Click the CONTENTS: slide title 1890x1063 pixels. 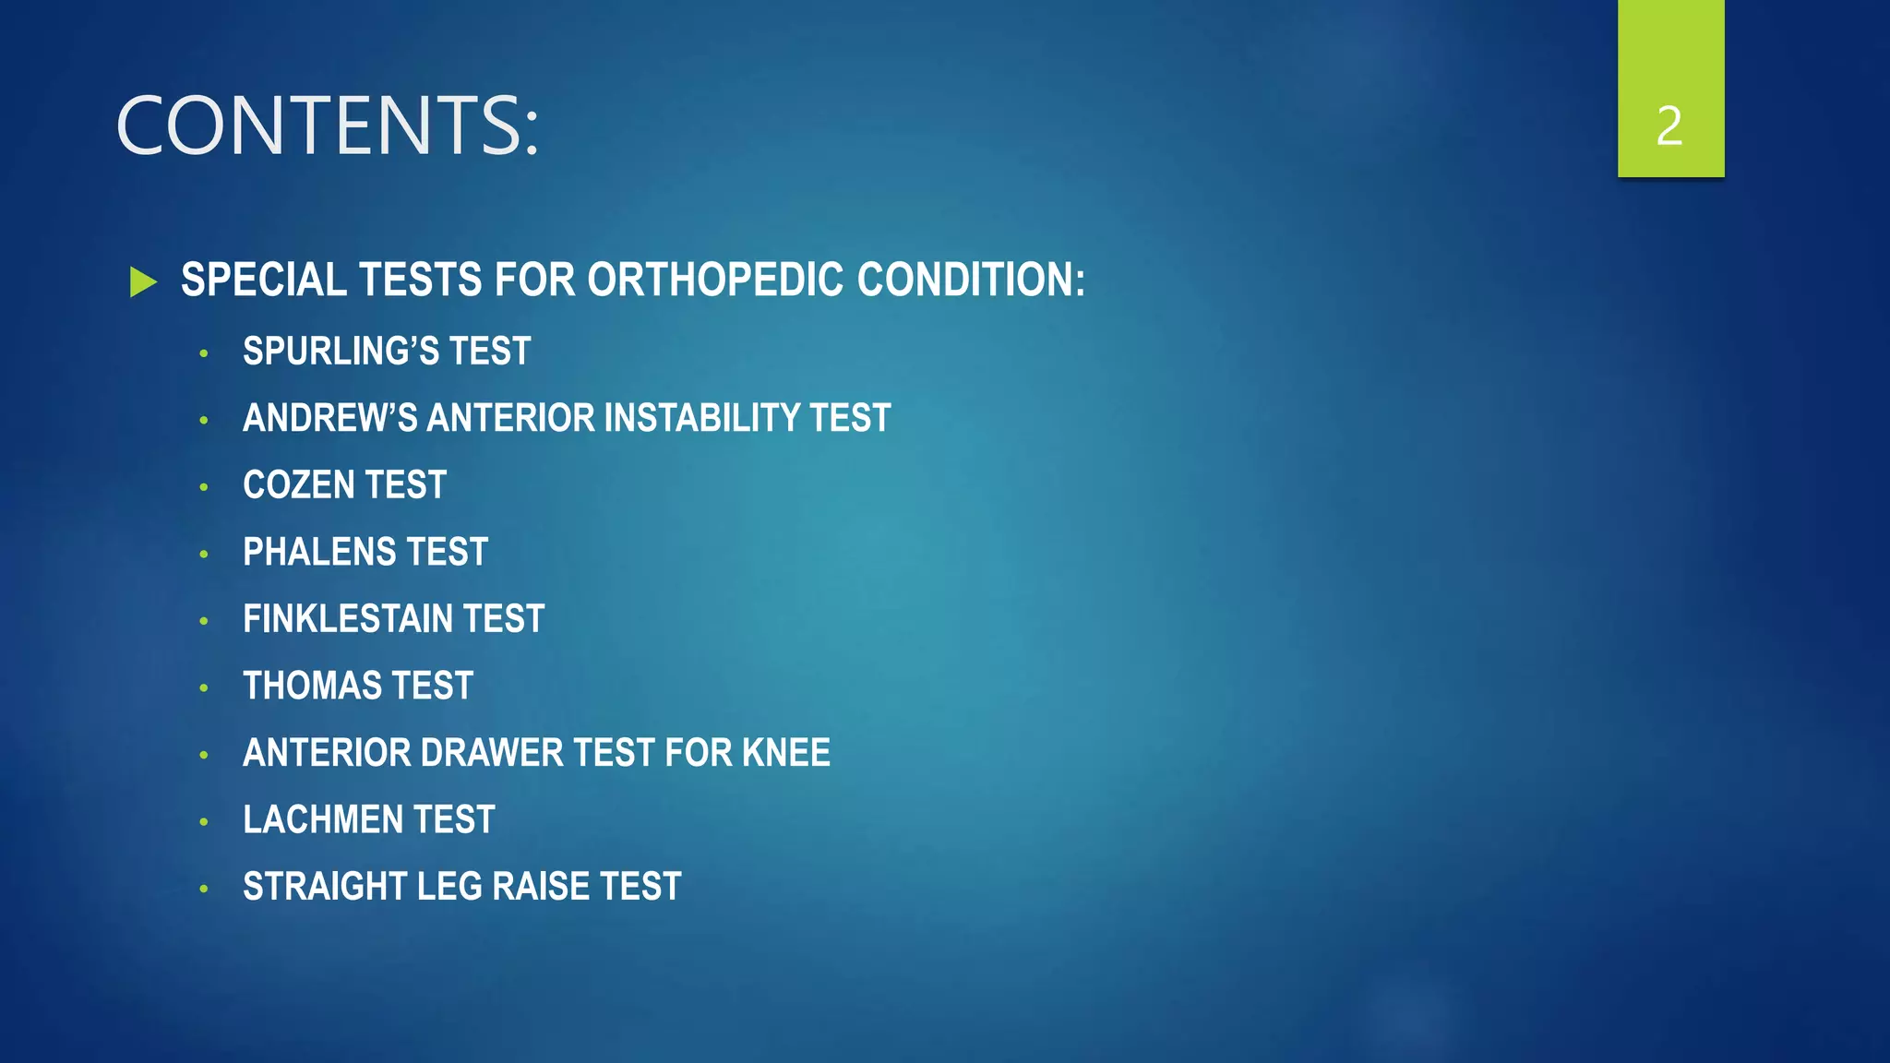pos(327,125)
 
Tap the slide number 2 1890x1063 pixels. pos(1669,125)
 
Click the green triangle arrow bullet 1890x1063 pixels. pos(143,281)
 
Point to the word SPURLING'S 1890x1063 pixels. pos(341,351)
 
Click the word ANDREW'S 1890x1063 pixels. pos(329,418)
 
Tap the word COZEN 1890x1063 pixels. pos(299,485)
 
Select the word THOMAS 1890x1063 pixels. pos(312,686)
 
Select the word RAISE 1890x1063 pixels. pos(544,887)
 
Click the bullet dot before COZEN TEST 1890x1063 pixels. pos(204,486)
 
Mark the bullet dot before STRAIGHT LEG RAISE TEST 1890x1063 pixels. pos(204,889)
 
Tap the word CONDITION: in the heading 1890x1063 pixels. pos(971,280)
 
